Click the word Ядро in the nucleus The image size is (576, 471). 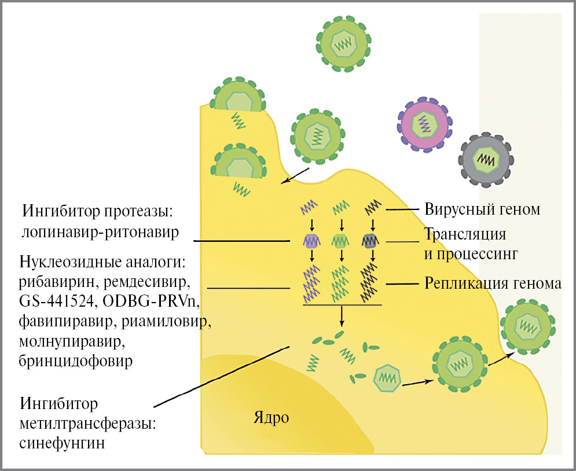pos(270,417)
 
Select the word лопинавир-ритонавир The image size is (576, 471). pos(98,232)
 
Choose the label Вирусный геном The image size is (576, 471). pos(482,209)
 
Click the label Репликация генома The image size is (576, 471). pos(493,284)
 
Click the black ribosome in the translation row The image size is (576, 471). pos(369,240)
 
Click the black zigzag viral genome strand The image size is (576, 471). pos(370,206)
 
